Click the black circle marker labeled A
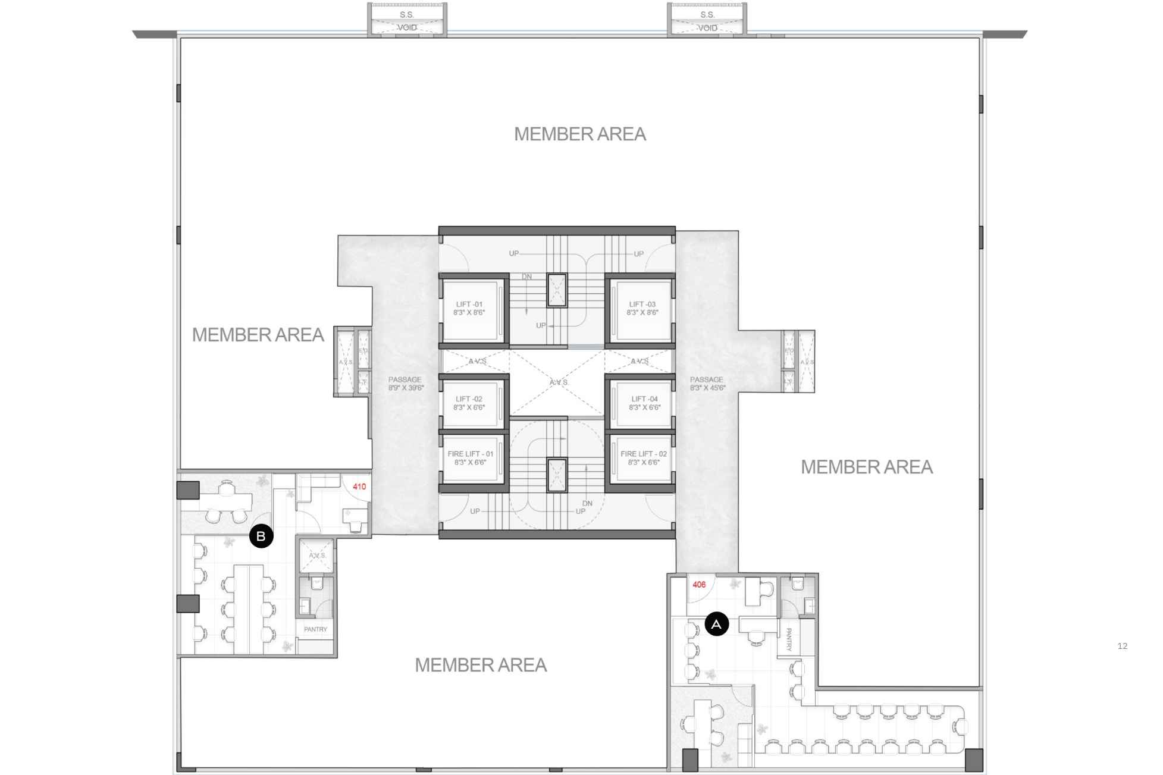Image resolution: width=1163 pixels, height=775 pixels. coord(716,624)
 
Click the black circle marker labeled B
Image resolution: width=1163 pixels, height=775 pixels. coord(261,536)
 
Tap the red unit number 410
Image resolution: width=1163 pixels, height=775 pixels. coord(359,487)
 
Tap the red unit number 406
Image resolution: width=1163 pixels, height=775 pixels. coord(699,585)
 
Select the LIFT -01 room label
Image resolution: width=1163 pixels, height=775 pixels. coord(469,308)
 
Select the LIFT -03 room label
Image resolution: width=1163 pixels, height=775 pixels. coord(642,308)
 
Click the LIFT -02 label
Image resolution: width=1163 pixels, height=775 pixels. coord(469,403)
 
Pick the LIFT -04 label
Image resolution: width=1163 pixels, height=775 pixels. coord(645,403)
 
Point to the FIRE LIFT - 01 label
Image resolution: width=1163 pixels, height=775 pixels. coord(471,457)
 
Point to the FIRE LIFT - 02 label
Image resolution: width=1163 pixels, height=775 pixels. coord(644,457)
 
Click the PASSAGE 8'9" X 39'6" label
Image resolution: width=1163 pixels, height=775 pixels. coord(405,384)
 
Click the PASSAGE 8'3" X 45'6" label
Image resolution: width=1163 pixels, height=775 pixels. coord(707,384)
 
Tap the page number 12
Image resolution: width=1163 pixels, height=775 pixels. coord(1122,646)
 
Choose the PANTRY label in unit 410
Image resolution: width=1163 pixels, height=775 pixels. coord(315,629)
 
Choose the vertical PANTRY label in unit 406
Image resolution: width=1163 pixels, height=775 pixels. coord(789,639)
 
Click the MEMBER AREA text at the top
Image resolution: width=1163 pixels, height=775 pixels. coord(580,134)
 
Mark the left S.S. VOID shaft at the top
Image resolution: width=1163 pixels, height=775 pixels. coord(407,21)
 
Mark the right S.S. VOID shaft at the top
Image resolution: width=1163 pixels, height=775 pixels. coord(707,21)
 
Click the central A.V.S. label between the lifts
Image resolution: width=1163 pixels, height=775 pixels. coord(559,382)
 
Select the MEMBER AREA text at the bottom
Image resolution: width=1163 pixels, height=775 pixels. coord(481,665)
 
